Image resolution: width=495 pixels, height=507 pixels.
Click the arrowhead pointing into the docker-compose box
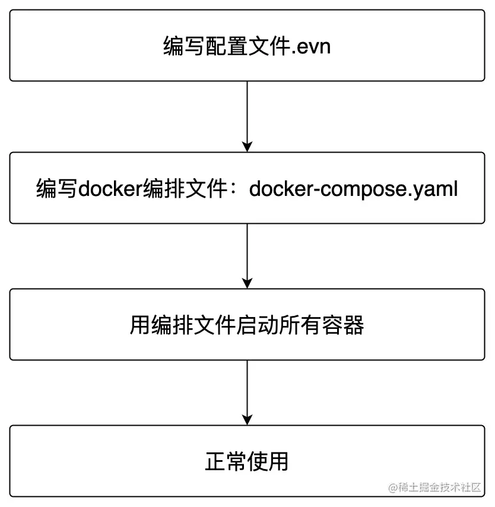click(x=247, y=147)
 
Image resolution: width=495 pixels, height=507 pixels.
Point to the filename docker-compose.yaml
click(x=353, y=189)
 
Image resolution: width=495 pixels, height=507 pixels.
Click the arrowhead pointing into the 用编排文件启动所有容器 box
click(x=247, y=283)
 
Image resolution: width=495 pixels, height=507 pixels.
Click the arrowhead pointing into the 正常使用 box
click(x=247, y=420)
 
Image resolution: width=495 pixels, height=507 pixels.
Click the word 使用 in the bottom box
click(x=268, y=461)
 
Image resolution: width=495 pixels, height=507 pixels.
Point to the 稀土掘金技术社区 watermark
click(x=439, y=487)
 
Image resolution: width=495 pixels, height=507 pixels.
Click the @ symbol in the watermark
click(x=393, y=487)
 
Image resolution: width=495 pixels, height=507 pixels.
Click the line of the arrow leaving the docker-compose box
click(x=247, y=249)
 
